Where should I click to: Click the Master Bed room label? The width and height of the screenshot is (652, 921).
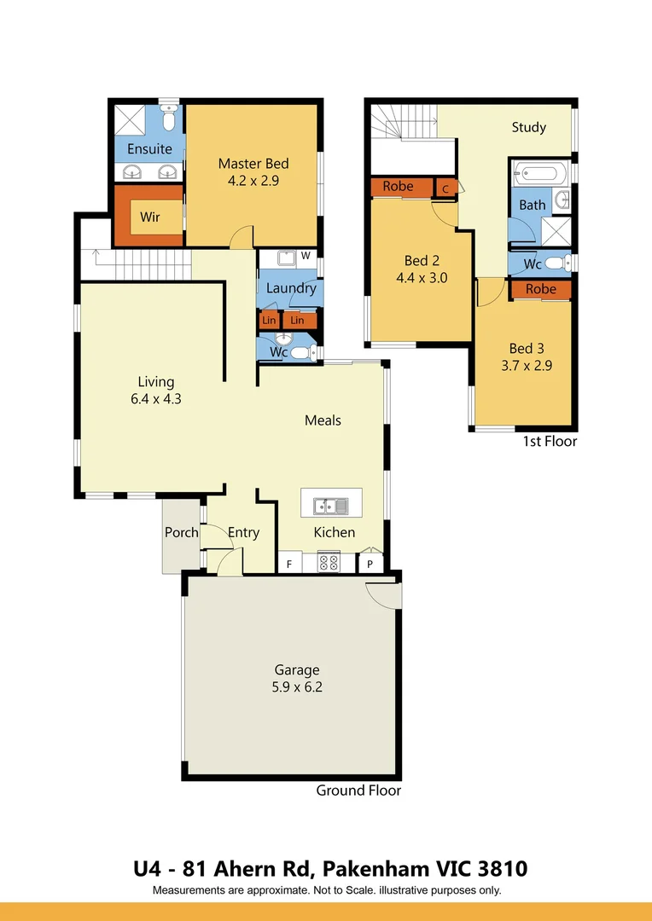pos(253,163)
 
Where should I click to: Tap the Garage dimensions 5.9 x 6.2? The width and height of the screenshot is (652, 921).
pos(297,686)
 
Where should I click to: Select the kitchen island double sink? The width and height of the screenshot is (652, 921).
pos(331,505)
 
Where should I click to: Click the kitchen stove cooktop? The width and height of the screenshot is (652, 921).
pos(329,562)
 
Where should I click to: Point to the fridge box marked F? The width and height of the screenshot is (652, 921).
pos(289,564)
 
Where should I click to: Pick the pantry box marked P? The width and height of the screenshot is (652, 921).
pos(370,564)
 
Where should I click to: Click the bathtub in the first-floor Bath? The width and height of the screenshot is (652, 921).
pos(539,173)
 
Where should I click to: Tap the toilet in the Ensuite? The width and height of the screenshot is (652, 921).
pos(169,119)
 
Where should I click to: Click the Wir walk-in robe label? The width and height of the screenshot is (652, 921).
pos(150,217)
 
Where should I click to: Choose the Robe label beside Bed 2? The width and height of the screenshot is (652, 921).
pos(398,186)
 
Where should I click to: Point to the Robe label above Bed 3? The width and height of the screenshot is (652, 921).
pos(541,289)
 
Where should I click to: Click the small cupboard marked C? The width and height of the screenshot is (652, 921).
pos(445,188)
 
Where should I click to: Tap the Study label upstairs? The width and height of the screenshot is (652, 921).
pos(528,127)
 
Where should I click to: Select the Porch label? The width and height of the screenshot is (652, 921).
pos(181,532)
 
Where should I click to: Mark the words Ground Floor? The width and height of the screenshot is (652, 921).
pos(358,791)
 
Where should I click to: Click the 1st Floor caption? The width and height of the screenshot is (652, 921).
pos(550,441)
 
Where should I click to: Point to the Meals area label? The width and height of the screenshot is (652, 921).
pos(323,420)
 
